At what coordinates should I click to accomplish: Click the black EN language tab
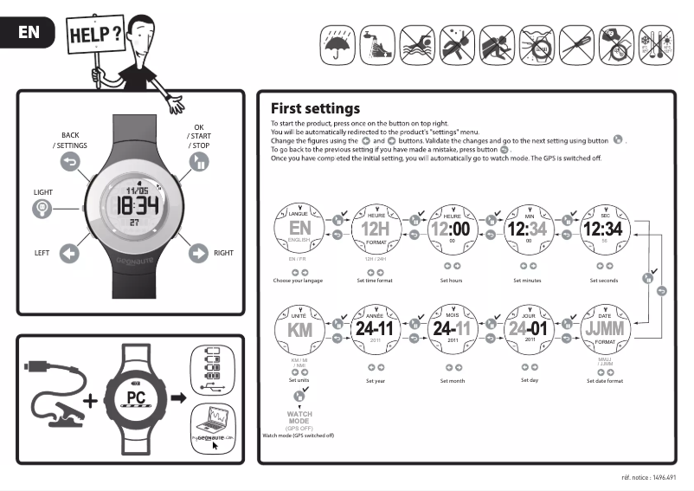point(27,34)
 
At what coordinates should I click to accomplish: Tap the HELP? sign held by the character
point(94,36)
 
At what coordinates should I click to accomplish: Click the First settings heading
point(315,109)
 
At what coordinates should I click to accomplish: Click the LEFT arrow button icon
point(68,253)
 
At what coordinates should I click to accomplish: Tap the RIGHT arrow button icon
point(199,253)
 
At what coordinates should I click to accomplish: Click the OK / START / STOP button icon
point(199,163)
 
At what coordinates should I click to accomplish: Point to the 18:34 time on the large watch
point(138,205)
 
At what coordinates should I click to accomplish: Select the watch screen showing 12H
point(376,229)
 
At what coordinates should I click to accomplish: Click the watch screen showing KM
point(299,330)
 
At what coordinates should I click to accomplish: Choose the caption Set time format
point(376,281)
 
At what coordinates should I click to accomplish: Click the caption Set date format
point(605,380)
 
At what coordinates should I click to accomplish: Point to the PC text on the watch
point(134,397)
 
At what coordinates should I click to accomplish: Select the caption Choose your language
point(299,281)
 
